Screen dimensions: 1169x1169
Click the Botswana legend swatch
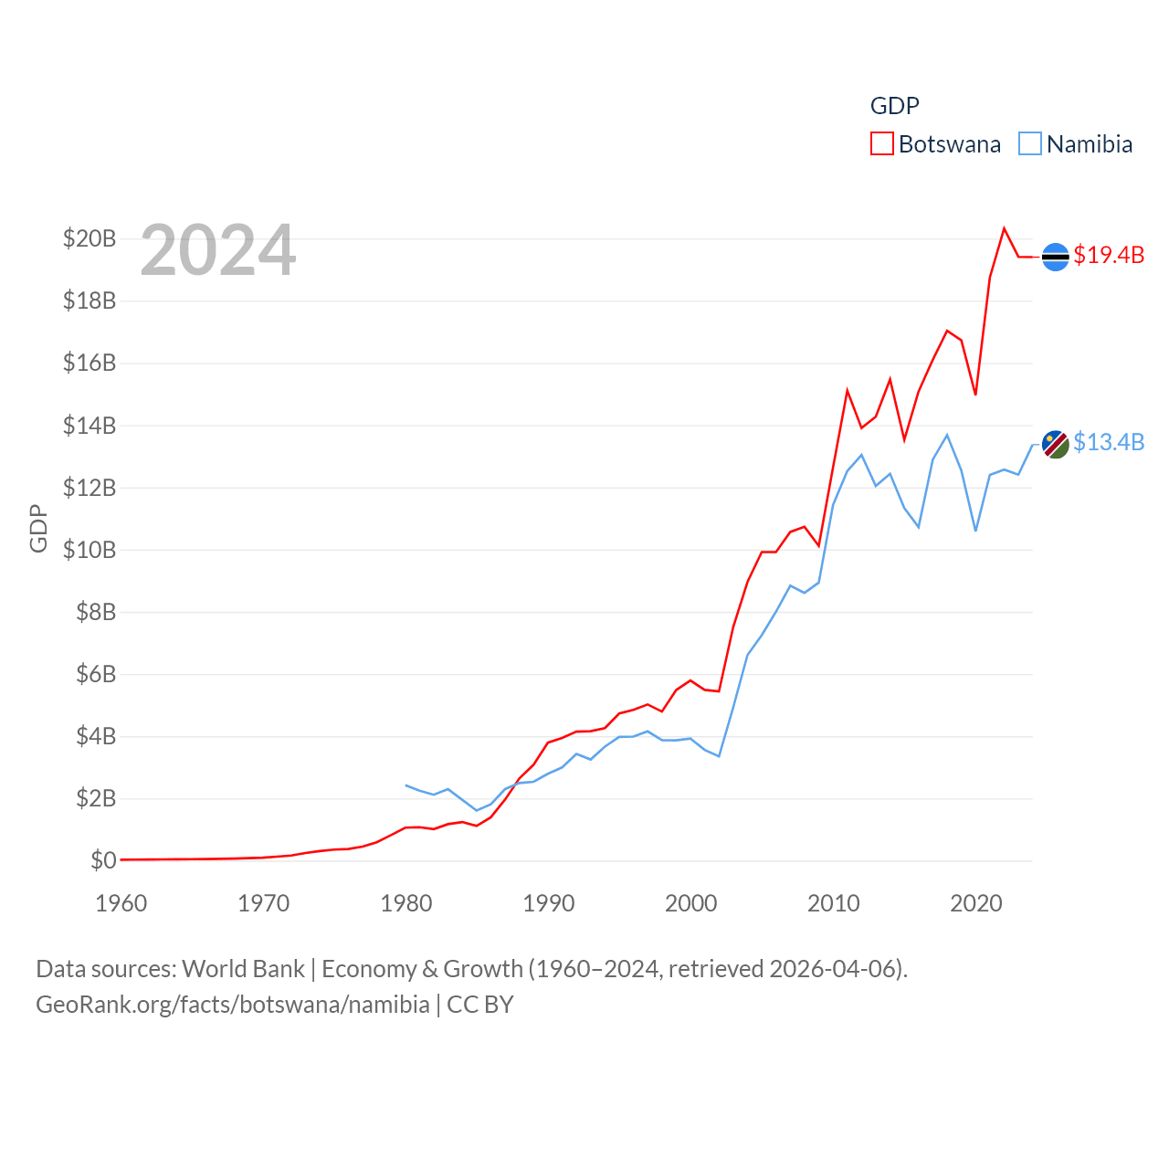point(881,144)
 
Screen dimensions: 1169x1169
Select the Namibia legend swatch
point(1030,144)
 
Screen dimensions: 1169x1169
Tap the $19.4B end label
point(1109,255)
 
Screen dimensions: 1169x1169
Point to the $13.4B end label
point(1109,442)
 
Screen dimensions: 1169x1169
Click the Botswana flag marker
point(1056,258)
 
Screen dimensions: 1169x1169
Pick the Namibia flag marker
point(1056,445)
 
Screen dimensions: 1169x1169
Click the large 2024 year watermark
point(218,250)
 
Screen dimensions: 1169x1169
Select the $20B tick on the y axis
point(90,239)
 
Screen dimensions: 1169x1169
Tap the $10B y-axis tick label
point(90,550)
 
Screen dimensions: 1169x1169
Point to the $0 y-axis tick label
point(103,860)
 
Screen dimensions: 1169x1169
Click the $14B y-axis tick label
point(90,426)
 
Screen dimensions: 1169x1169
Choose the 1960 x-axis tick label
point(121,903)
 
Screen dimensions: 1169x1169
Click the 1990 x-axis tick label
point(549,903)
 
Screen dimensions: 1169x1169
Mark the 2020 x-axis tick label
point(976,903)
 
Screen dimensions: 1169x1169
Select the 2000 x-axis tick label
point(691,903)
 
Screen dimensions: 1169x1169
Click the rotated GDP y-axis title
point(38,528)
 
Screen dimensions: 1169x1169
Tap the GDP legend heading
point(894,106)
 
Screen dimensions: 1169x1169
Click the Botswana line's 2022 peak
point(1005,228)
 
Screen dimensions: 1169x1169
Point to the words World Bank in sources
point(243,968)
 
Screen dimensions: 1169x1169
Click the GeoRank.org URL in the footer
point(233,1005)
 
